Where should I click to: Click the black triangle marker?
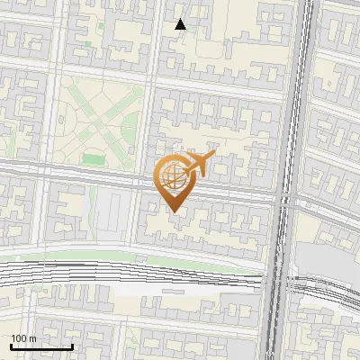(x=181, y=23)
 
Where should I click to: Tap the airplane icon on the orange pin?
(x=196, y=165)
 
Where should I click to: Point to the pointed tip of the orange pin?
(x=173, y=211)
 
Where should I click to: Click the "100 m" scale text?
(x=23, y=338)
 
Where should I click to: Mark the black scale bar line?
(x=41, y=346)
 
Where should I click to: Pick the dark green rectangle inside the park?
(x=94, y=158)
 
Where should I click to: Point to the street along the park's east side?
(x=152, y=126)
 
